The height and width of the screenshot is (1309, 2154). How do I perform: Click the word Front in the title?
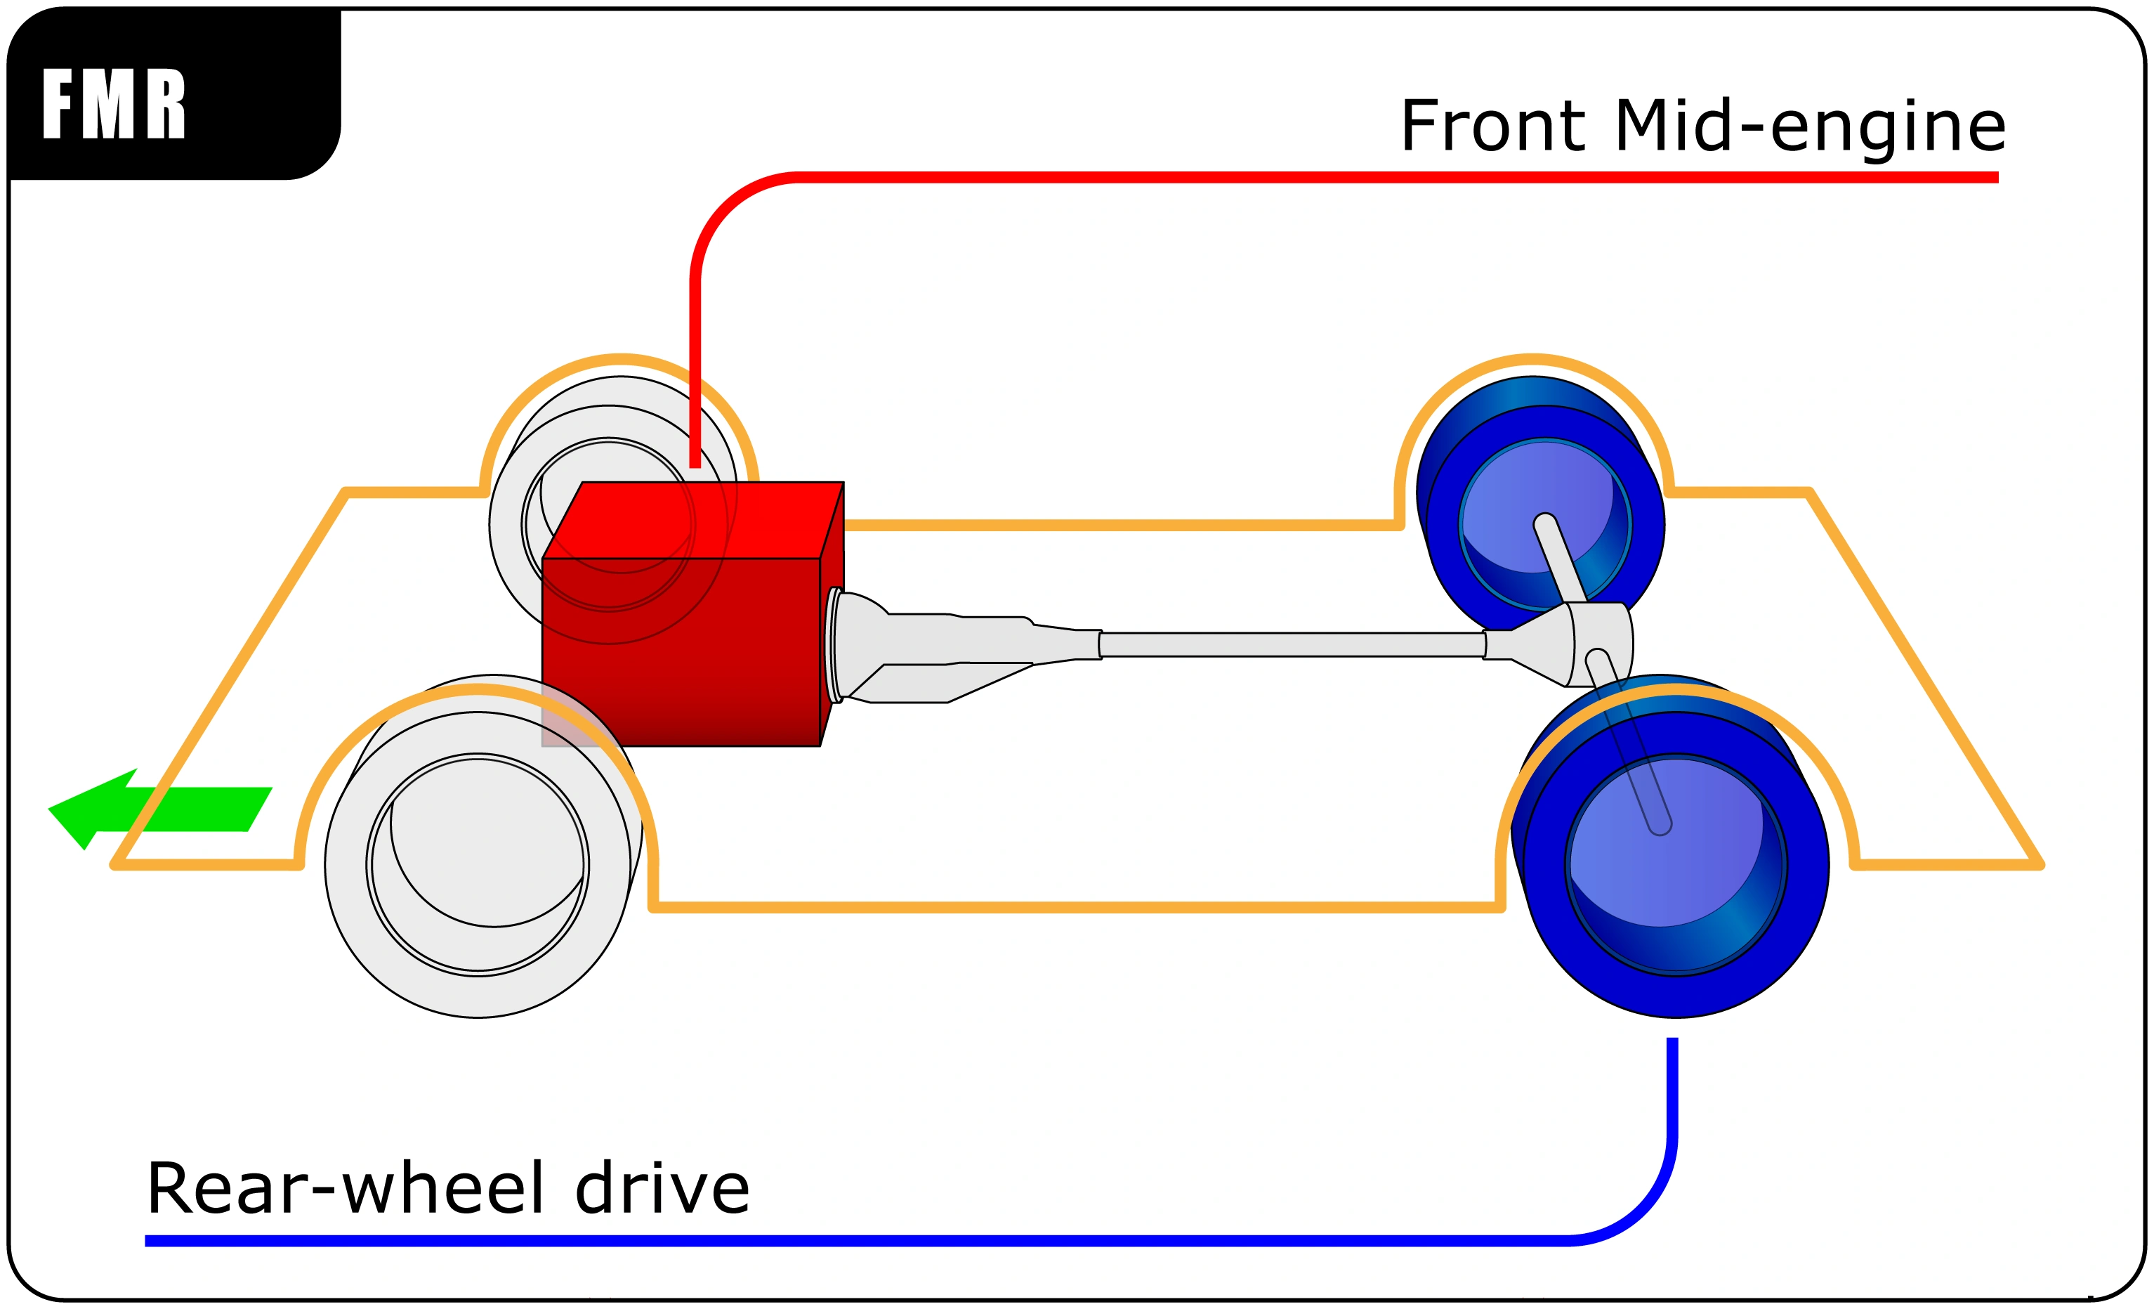(1493, 126)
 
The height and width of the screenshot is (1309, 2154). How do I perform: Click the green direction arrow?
(160, 809)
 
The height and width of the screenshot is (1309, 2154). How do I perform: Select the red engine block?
(692, 614)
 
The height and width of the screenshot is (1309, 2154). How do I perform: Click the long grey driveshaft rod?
(1292, 644)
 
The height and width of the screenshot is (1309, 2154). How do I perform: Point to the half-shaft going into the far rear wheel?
(1561, 559)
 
